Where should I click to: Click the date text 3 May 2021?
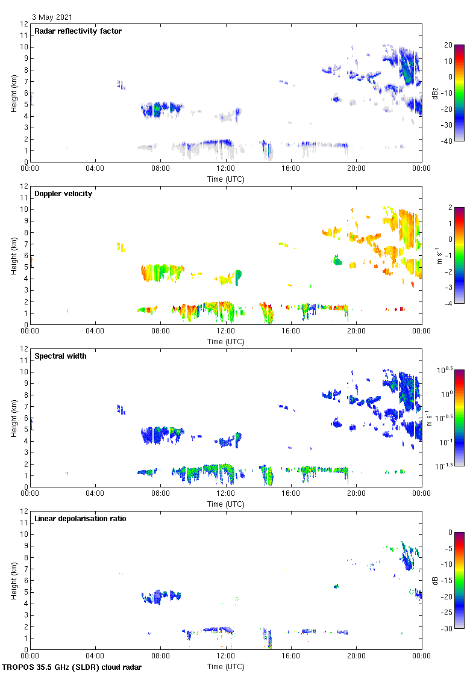53,17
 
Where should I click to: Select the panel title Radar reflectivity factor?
78,31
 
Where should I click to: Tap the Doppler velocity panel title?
63,194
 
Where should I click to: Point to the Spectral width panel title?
60,356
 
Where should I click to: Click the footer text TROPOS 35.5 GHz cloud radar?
72,667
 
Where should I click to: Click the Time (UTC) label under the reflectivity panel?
226,179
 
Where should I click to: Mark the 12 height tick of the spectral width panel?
24,349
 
